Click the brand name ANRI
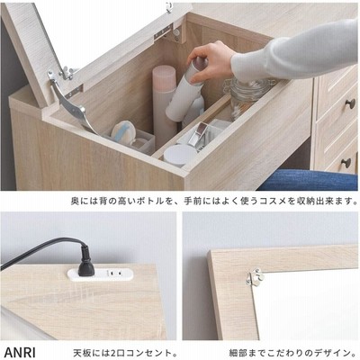[20, 351]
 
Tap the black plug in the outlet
[85, 261]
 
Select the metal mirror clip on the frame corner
[255, 276]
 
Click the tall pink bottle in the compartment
[165, 102]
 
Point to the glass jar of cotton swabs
[245, 96]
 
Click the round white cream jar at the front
[179, 156]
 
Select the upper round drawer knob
[350, 103]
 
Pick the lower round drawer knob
[346, 163]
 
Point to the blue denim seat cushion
[308, 180]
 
